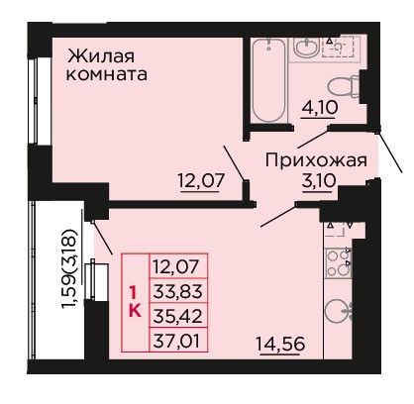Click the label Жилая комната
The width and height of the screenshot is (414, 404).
point(107,65)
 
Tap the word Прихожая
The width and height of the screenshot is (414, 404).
point(316,161)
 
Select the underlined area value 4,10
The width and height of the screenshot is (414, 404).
point(319,107)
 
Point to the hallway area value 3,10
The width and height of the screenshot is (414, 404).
point(319,181)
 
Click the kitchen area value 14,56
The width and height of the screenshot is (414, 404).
point(280,344)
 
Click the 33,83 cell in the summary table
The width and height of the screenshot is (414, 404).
point(178,291)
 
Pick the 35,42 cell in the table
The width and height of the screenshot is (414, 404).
point(178,316)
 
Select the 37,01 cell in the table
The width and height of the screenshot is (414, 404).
point(178,340)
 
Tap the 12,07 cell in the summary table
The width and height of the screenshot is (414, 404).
point(178,266)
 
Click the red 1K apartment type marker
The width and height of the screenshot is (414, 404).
point(135,303)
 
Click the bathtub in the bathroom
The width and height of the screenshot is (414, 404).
point(268,80)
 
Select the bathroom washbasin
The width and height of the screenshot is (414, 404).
point(306,48)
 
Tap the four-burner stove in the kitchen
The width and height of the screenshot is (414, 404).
point(338,263)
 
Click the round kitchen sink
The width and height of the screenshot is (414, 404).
point(338,311)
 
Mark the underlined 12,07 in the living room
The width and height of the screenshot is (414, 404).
point(201,181)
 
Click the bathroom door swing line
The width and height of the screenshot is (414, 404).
point(313,139)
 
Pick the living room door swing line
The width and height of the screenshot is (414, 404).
point(235,162)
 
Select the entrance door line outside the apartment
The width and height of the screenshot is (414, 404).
point(389,151)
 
